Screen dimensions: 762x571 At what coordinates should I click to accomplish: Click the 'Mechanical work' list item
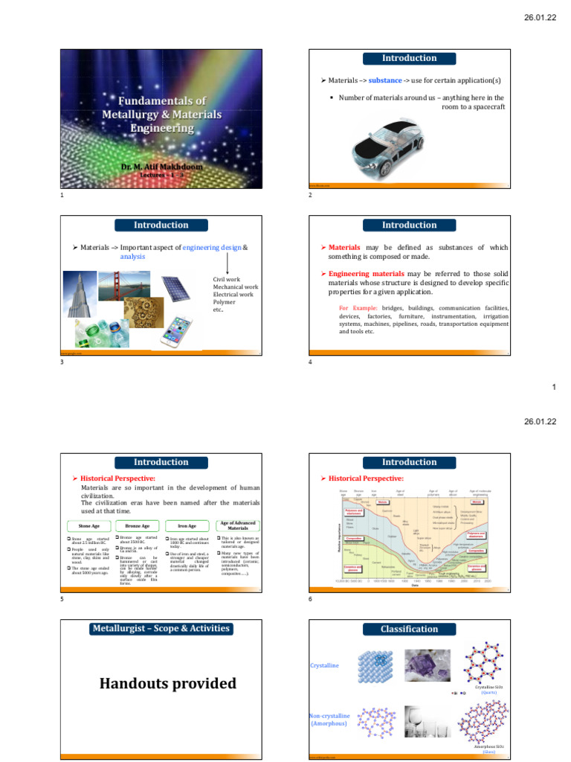pos(236,286)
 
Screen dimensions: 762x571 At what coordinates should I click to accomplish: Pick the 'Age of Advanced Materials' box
pos(238,525)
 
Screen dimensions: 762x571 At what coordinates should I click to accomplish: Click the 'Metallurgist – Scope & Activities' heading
pos(161,629)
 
